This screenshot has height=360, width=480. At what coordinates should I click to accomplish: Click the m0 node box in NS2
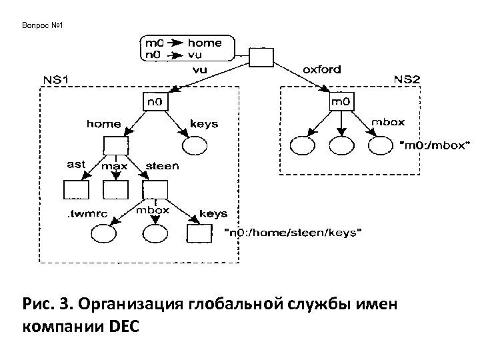pos(344,102)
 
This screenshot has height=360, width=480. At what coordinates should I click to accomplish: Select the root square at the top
pos(261,59)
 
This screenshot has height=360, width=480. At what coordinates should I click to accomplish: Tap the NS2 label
pos(407,79)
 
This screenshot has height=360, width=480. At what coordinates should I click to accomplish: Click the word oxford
pos(322,69)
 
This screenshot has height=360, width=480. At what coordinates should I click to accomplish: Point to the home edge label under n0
pos(104,123)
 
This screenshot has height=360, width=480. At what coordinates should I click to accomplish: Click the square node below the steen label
pos(154,190)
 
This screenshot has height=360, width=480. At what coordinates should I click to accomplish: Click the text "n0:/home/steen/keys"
pos(295,233)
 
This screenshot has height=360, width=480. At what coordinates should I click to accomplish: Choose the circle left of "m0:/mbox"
pos(381,145)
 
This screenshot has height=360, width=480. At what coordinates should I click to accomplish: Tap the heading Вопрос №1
pos(42,26)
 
